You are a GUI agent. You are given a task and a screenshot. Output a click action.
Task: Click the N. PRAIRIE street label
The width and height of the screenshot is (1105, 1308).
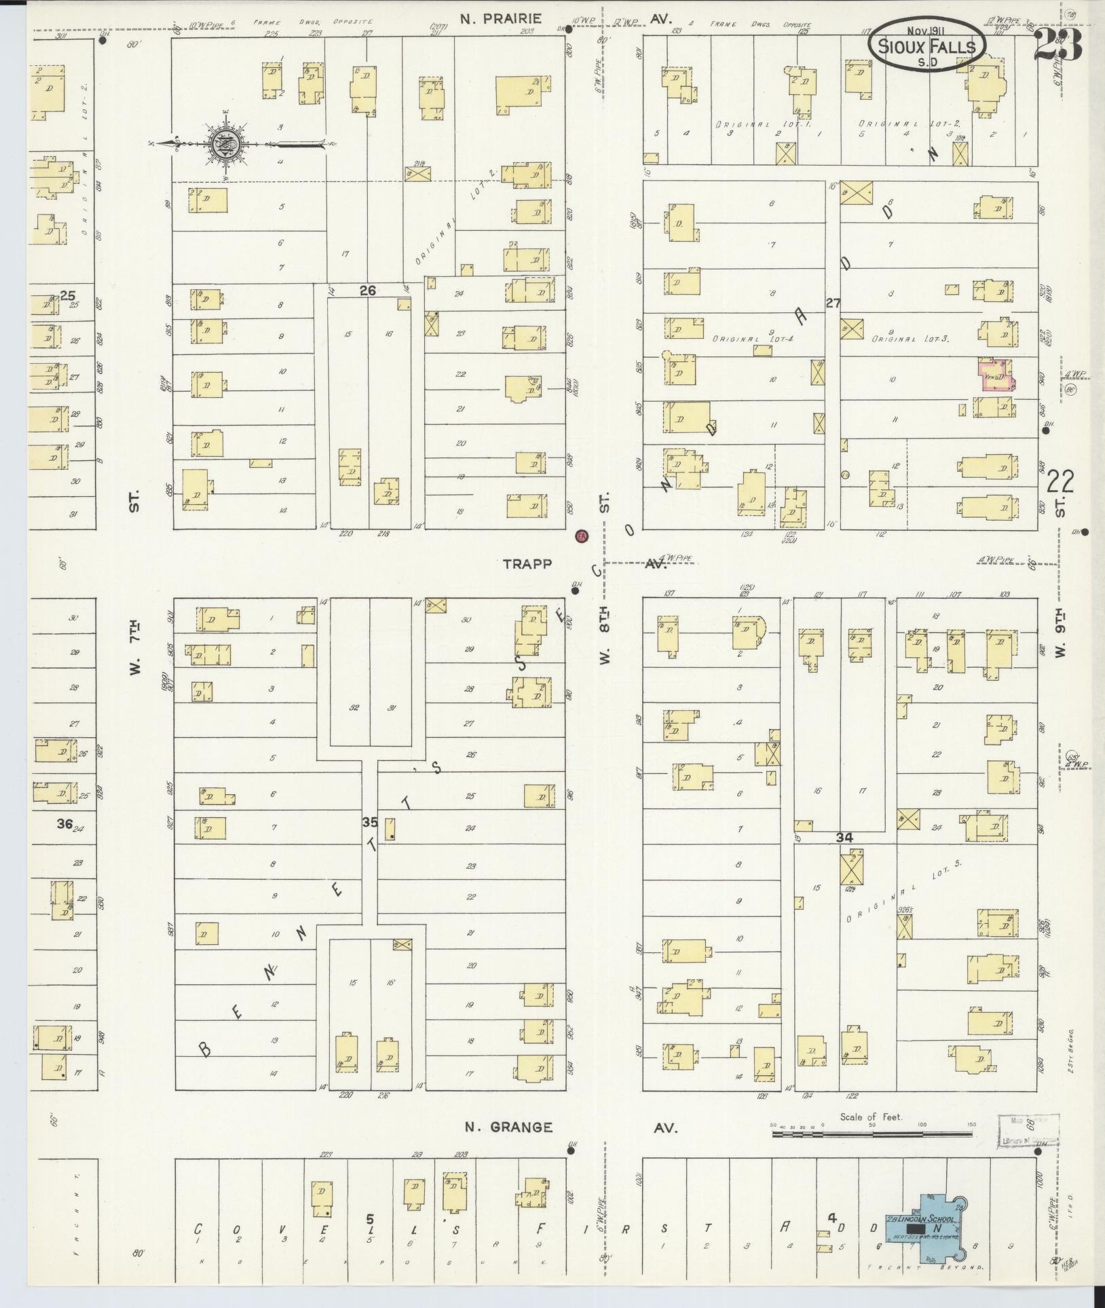click(x=501, y=19)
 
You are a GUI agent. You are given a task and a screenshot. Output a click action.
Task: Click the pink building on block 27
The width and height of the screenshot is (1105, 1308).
click(x=996, y=375)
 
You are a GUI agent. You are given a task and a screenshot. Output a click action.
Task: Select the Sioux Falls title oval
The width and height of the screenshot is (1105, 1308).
click(x=927, y=41)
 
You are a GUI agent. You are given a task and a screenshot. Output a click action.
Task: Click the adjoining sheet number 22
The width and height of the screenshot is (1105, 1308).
click(x=1060, y=483)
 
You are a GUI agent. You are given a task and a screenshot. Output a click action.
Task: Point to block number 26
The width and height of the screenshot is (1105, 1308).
click(x=367, y=291)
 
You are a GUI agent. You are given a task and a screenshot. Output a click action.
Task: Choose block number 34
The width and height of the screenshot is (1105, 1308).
click(x=844, y=838)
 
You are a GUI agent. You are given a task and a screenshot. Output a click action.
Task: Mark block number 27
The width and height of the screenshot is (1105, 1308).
click(x=834, y=303)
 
